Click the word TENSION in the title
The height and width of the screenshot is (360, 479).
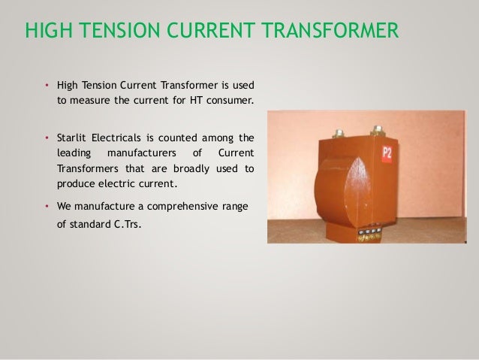point(121,32)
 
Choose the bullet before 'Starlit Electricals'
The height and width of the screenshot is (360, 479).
point(47,138)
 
